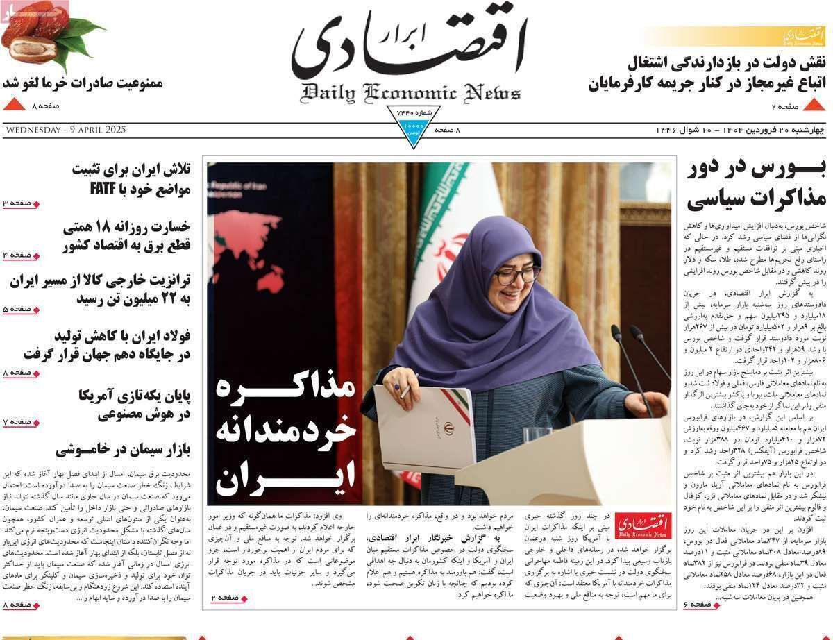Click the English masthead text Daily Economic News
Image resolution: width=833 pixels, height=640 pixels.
[x=410, y=92]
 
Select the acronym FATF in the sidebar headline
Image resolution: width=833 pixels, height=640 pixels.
[x=106, y=189]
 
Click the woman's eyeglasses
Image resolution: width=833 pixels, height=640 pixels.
[x=517, y=275]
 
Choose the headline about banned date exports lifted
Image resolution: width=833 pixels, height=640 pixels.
[x=83, y=83]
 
